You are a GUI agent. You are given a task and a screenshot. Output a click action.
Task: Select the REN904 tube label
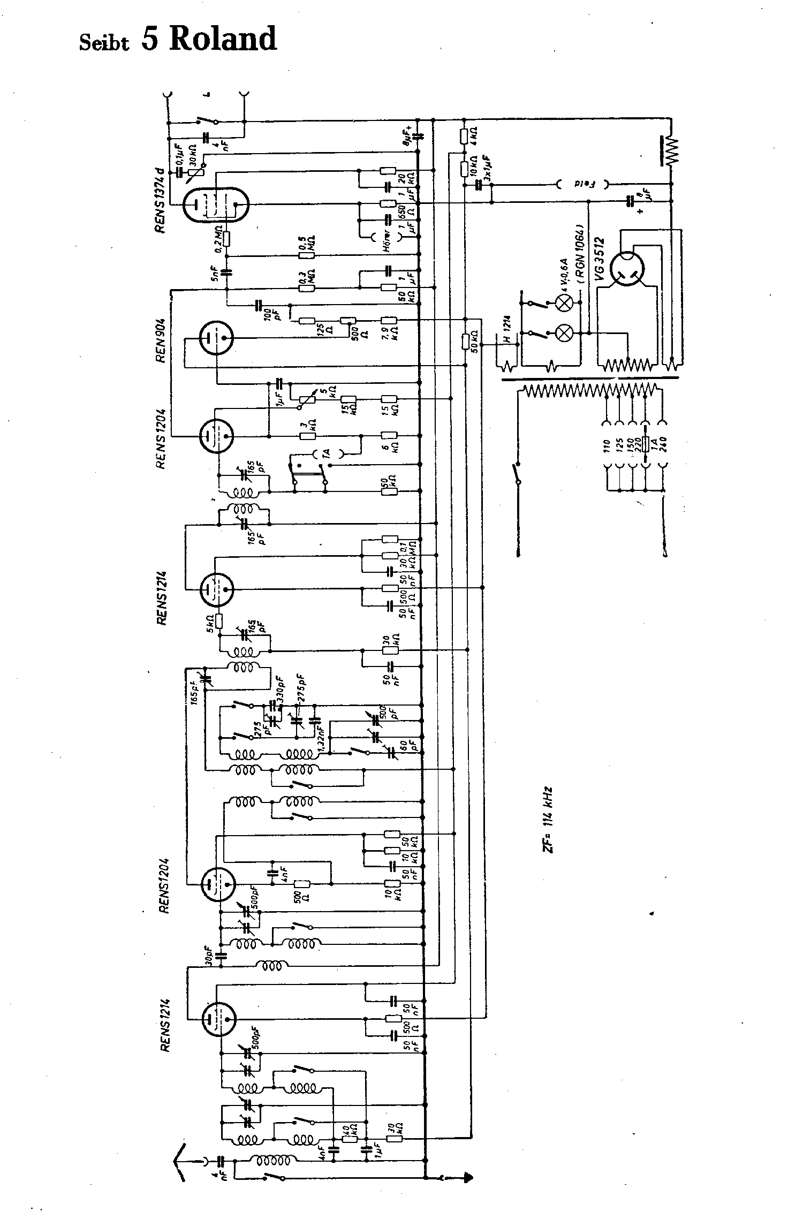coord(160,339)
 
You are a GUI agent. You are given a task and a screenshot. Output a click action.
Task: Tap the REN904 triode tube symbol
coord(216,338)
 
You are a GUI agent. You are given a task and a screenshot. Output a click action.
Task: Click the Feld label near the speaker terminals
coord(581,184)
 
